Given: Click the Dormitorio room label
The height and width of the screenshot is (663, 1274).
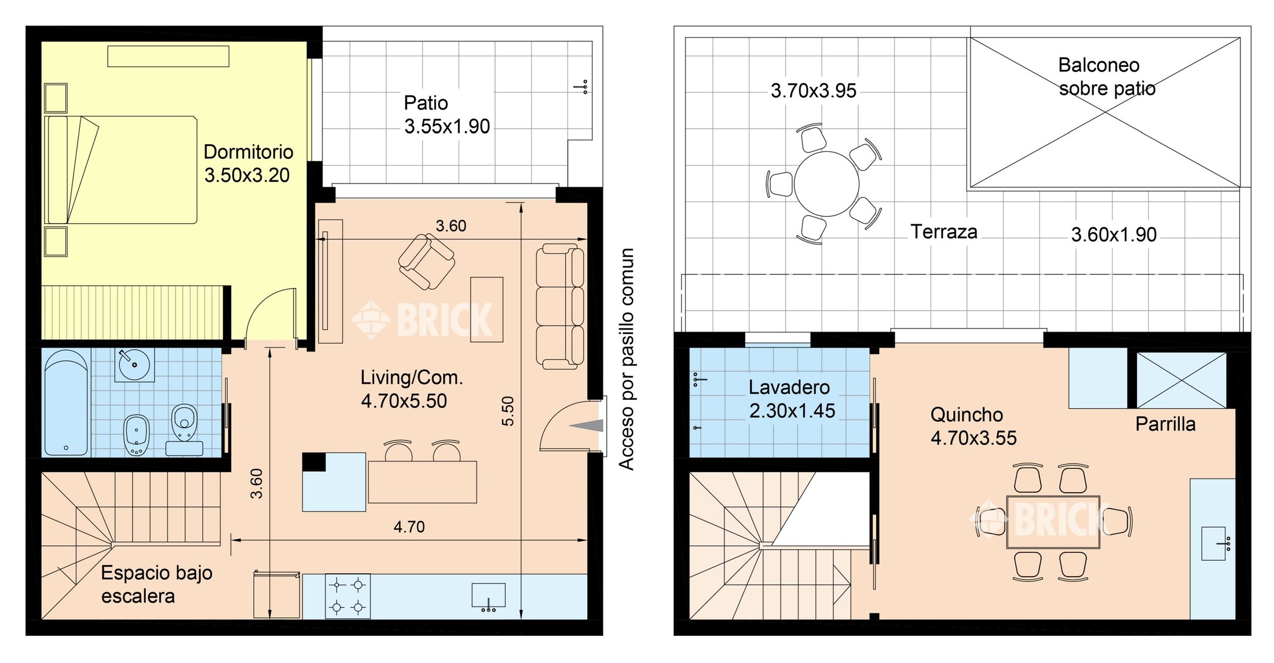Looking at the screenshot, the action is (x=248, y=152).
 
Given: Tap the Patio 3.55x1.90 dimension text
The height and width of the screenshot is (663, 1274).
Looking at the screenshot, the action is (x=447, y=126).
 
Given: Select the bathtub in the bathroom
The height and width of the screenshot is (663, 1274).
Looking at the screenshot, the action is (x=67, y=402).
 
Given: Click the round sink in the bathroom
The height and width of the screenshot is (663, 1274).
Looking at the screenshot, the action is (x=134, y=365).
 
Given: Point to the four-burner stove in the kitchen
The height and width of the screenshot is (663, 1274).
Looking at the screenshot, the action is (x=347, y=596).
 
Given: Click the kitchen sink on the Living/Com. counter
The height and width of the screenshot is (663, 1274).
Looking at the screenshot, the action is (x=488, y=597).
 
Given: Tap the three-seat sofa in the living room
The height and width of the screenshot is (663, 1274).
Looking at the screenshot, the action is (x=559, y=306).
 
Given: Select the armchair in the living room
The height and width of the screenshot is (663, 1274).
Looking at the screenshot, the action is (x=427, y=261).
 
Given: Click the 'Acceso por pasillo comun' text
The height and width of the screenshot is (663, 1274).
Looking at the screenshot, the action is (x=627, y=359).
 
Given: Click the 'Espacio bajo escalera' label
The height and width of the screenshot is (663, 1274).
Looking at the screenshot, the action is (x=156, y=584).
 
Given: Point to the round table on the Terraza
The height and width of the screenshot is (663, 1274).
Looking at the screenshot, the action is (x=826, y=184).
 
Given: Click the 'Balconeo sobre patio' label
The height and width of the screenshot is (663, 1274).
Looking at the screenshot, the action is (x=1107, y=76).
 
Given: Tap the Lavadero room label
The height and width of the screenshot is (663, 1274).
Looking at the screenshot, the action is (x=789, y=387).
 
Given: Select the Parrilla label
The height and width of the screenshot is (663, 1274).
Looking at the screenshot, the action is (x=1165, y=424).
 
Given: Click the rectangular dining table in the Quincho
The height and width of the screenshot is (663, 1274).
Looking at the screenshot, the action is (x=1053, y=522).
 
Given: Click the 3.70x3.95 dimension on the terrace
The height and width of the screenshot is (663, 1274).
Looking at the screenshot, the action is (x=813, y=91).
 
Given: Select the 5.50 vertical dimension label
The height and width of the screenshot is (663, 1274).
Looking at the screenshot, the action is (x=508, y=411).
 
